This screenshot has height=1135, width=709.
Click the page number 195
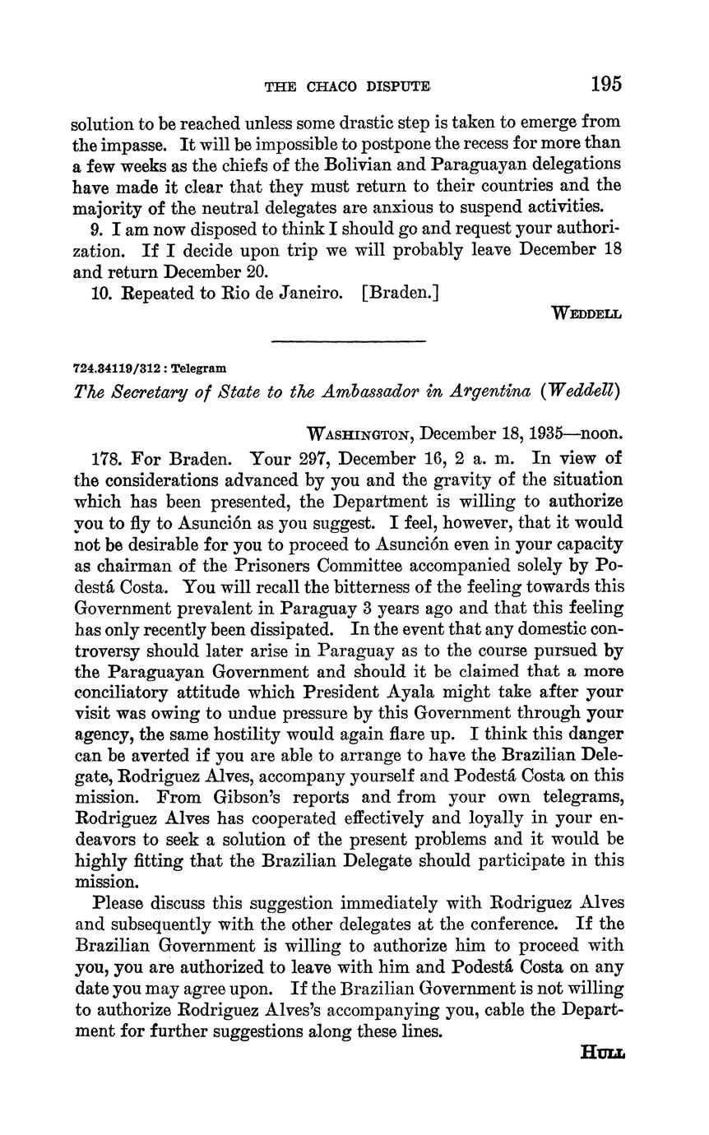[605, 84]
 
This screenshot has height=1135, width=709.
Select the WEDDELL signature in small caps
[586, 313]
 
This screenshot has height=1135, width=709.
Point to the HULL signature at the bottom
[602, 1052]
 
